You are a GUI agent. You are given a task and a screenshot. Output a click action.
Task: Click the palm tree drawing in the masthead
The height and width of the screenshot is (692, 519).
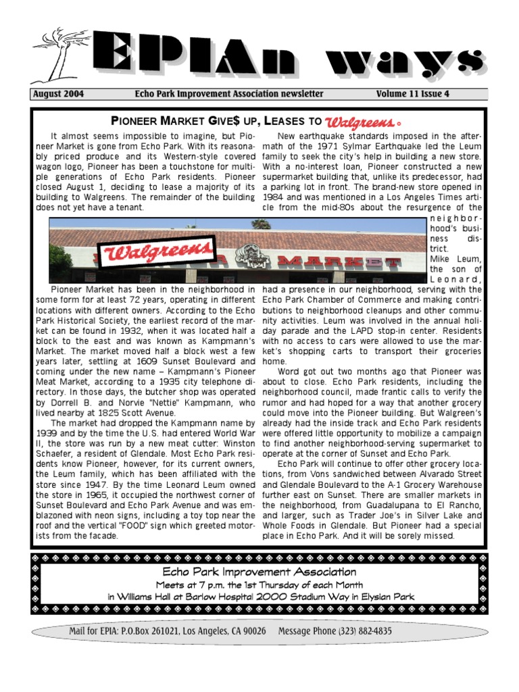click(x=57, y=54)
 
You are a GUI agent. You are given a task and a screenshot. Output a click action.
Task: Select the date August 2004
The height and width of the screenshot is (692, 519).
click(x=59, y=95)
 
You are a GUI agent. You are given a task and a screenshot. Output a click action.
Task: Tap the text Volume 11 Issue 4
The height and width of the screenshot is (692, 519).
click(x=412, y=95)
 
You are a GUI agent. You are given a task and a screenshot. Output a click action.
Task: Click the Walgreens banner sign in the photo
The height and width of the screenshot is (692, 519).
click(x=156, y=253)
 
